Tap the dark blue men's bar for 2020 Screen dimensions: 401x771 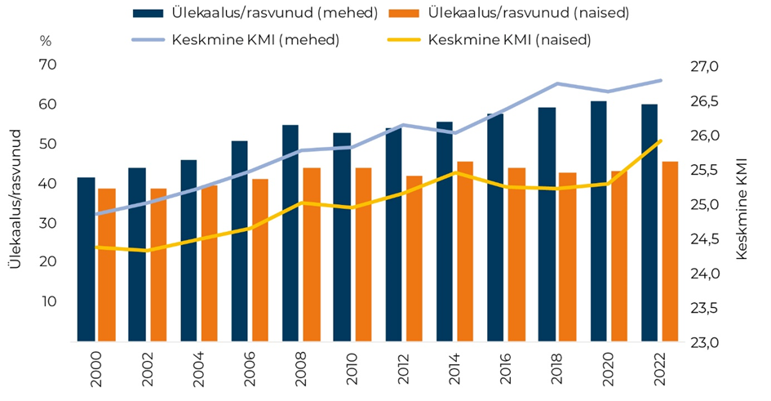coord(598,221)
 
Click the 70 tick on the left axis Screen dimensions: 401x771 coord(47,65)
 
